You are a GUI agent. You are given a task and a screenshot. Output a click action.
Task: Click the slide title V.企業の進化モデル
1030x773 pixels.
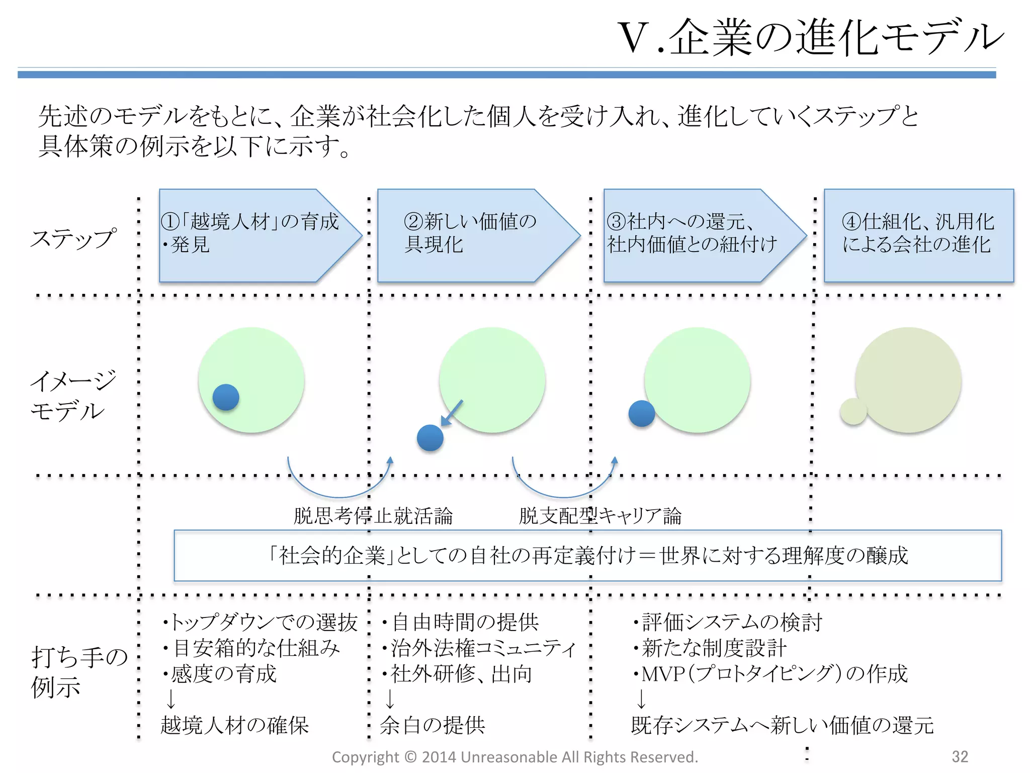[810, 38]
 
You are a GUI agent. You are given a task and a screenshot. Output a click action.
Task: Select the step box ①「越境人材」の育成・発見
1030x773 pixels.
[251, 235]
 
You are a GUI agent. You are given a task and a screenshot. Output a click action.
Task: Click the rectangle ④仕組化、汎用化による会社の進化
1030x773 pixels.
[918, 235]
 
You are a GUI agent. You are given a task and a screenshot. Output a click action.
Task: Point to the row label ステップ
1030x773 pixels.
[73, 239]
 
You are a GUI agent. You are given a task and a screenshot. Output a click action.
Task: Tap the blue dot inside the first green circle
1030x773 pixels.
[226, 397]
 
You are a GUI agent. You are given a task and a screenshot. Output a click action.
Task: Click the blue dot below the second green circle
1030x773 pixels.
[430, 437]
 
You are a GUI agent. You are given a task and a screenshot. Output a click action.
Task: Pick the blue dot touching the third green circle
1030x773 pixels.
[642, 413]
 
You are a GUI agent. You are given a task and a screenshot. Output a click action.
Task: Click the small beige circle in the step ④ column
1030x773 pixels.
[853, 411]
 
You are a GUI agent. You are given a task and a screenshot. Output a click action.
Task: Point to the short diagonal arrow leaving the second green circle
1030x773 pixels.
[452, 413]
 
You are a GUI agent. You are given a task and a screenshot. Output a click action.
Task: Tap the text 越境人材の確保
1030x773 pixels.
[234, 725]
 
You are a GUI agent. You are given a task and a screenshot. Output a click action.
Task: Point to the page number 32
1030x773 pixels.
[960, 756]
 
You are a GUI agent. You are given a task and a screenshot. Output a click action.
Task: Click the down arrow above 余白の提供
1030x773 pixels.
[390, 699]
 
